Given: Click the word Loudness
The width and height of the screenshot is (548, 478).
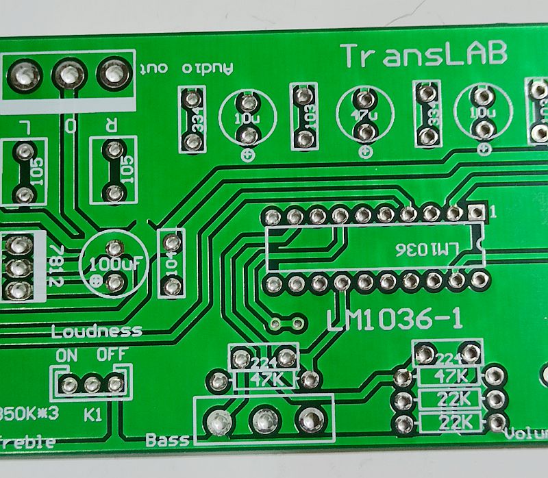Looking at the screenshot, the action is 97,331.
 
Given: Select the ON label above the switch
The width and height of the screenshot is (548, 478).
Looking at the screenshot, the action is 67,355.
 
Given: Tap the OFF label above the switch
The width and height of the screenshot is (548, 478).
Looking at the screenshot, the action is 110,355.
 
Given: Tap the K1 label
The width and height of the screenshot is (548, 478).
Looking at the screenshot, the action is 93,414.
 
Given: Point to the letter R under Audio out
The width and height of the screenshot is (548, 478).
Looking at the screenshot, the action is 111,125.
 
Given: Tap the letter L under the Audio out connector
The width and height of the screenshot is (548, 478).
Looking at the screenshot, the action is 25,126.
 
